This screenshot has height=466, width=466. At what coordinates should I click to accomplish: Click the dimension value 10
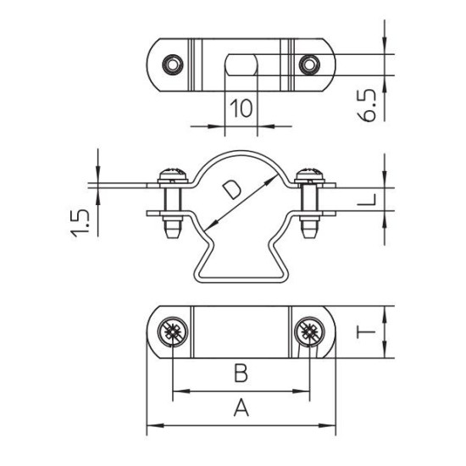tap(241, 108)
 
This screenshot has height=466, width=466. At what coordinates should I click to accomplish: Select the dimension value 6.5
tap(366, 106)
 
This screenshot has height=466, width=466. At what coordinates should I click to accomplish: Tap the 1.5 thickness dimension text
tap(80, 224)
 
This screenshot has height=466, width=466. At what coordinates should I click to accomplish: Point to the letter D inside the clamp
tap(232, 191)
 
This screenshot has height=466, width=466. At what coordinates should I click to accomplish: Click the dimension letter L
tap(366, 200)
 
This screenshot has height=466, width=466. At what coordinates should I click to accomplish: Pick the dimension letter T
tap(366, 331)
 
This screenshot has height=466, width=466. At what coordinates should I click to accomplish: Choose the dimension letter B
tap(241, 373)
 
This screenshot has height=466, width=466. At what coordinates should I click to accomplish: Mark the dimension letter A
tap(241, 408)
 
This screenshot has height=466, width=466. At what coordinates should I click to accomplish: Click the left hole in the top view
tap(173, 64)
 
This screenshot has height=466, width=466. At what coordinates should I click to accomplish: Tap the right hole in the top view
tap(309, 64)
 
